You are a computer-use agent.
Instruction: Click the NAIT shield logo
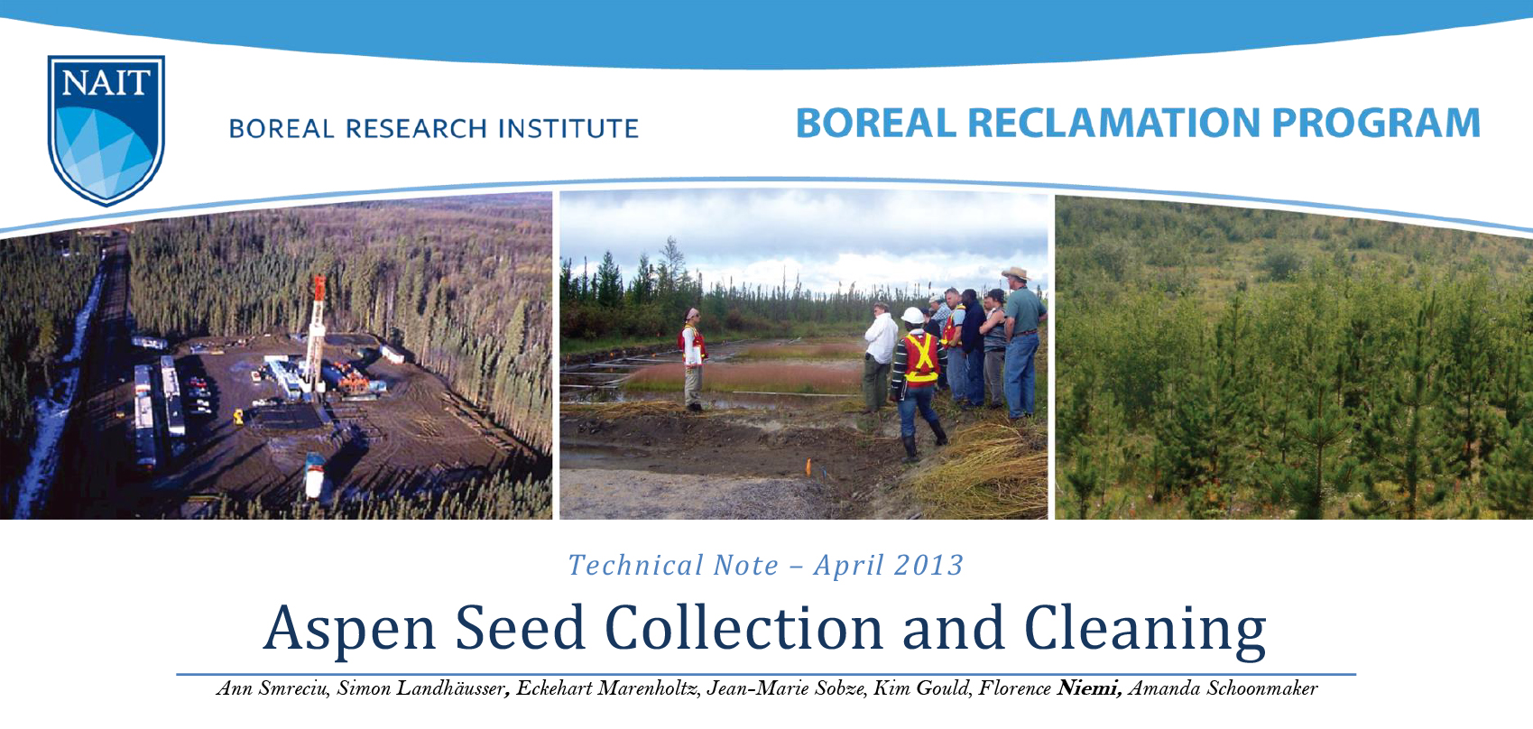click(x=106, y=129)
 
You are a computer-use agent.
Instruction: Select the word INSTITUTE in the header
click(x=568, y=129)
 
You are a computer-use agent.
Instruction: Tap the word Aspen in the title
click(x=351, y=628)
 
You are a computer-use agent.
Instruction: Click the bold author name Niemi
click(x=1089, y=688)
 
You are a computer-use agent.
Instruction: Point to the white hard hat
click(x=913, y=315)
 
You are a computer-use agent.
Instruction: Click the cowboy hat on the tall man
click(x=1017, y=273)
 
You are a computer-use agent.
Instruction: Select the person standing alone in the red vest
click(x=692, y=358)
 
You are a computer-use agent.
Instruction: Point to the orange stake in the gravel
click(x=808, y=467)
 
